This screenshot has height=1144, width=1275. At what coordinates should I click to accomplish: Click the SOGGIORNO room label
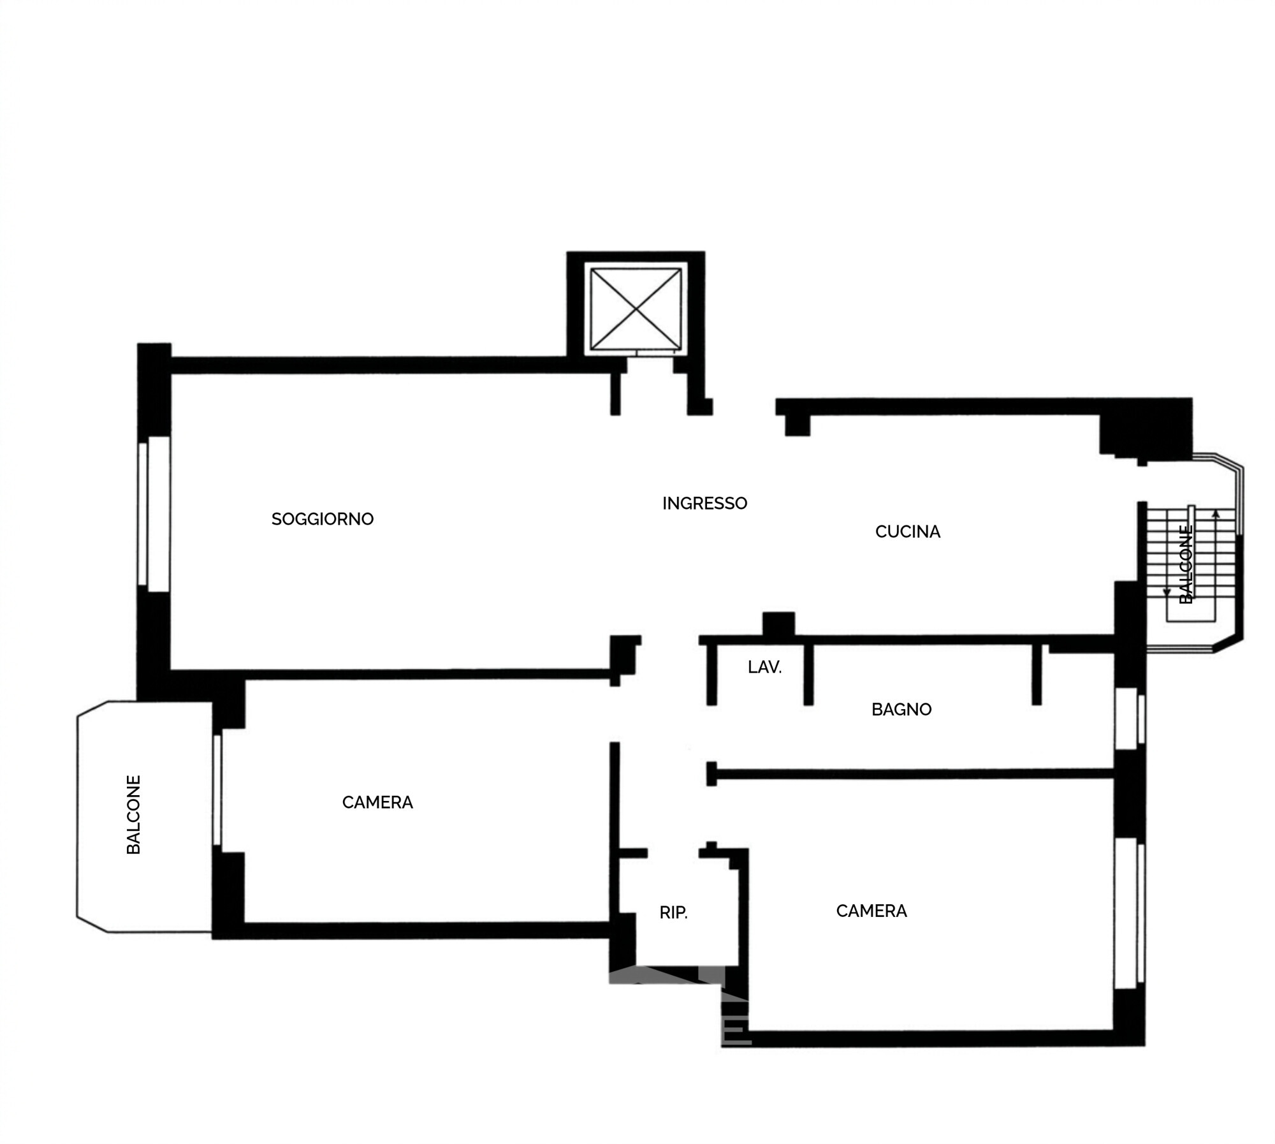tap(322, 519)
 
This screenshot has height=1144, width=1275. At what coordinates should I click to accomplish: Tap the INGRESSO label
tap(704, 503)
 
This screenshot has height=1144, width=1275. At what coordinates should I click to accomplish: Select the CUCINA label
tap(907, 531)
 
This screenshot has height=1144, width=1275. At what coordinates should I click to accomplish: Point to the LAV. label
tap(764, 667)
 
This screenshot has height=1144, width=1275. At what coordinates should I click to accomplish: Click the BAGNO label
tap(901, 709)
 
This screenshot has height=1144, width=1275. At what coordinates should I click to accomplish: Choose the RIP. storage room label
tap(673, 913)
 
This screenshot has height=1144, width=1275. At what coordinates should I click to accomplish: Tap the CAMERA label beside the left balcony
tap(377, 802)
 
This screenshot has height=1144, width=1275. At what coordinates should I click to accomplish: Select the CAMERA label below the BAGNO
tap(871, 911)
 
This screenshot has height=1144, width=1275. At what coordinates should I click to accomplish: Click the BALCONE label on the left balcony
tap(133, 814)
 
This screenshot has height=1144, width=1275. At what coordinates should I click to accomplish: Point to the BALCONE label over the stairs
tap(1186, 564)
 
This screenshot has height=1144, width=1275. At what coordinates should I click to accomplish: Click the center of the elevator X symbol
tap(636, 309)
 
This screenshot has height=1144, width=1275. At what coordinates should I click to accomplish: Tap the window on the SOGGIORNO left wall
tap(154, 514)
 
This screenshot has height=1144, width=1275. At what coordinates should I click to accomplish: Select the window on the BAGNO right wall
tap(1130, 719)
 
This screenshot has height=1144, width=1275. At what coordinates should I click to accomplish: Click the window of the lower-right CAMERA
tap(1130, 913)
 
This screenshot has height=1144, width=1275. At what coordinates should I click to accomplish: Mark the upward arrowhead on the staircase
tap(1216, 513)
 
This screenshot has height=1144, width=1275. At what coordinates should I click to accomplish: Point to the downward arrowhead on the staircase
tap(1167, 592)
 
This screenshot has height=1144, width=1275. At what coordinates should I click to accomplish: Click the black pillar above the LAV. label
tap(778, 623)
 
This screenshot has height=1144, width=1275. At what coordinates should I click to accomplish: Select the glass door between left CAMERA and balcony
tap(217, 791)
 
